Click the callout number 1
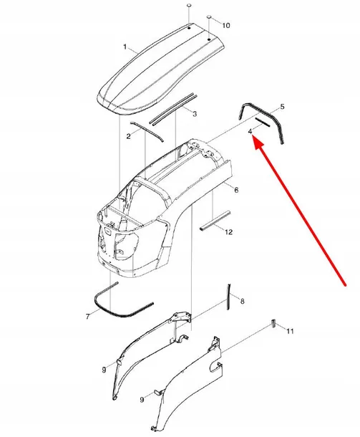point(125,47)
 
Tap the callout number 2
point(128,136)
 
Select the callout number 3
point(195,114)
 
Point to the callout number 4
point(250,130)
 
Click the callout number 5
point(282,107)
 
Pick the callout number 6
point(236,190)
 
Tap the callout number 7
point(88,317)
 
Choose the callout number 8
point(242,301)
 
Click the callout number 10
point(226,25)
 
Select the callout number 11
point(290,331)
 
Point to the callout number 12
point(228,232)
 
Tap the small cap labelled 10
point(209,17)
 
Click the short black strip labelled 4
point(263,122)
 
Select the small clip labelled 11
point(273,323)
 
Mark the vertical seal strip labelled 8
point(229,297)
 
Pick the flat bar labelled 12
point(215,221)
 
